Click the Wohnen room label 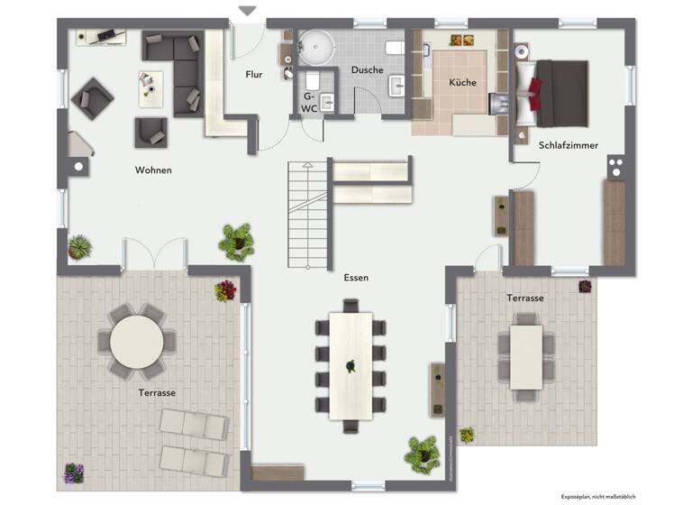pos(153,170)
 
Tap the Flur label pos(254,75)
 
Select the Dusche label pos(367,69)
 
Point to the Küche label pos(462,82)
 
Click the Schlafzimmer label pos(569,144)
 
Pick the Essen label pos(355,278)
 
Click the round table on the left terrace pos(137,342)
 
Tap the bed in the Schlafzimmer pos(559,93)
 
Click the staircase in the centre pos(307,216)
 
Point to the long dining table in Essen pos(351,364)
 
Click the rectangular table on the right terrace pos(525,356)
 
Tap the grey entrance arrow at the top pos(247,11)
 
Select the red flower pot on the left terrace pos(225,289)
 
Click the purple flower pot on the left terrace pos(73,473)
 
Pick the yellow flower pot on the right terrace pos(466,435)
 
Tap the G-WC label pos(308,101)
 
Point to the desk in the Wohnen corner pos(100,37)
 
